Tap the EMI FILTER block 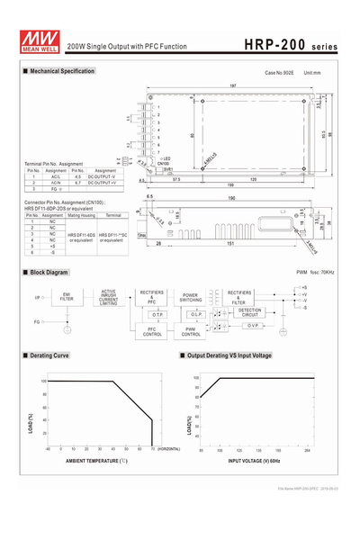click(x=67, y=296)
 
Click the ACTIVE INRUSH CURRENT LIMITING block click(x=109, y=297)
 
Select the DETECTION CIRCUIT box click(x=249, y=312)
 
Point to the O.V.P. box click(x=254, y=325)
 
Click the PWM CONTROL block click(x=191, y=332)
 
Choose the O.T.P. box click(x=152, y=314)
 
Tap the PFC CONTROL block click(x=152, y=332)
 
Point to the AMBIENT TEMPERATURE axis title click(x=95, y=461)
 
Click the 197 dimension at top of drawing click(x=232, y=85)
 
